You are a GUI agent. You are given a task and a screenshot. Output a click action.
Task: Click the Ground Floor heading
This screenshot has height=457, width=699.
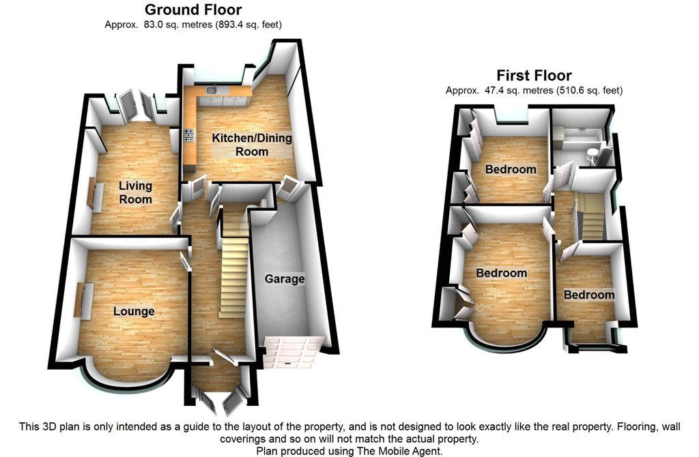click(x=193, y=10)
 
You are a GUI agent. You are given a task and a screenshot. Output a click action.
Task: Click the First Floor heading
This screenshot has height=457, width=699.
click(x=534, y=75)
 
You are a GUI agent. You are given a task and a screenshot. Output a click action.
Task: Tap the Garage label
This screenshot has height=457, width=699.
click(x=285, y=279)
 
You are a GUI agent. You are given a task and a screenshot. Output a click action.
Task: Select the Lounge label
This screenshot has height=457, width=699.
click(x=134, y=311)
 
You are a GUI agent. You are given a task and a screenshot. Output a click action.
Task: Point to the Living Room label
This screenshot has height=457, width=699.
click(x=135, y=192)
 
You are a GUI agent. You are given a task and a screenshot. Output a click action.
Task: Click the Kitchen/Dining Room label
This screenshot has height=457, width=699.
click(x=252, y=145)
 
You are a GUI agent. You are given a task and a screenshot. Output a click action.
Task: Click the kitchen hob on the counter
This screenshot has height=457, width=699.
click(x=188, y=140)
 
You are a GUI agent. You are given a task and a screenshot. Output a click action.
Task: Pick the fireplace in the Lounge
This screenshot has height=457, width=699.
click(x=79, y=299)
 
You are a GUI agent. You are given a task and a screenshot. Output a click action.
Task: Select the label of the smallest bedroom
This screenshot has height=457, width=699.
click(x=588, y=295)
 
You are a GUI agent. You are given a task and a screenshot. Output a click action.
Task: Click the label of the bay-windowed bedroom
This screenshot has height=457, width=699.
click(x=502, y=273)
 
